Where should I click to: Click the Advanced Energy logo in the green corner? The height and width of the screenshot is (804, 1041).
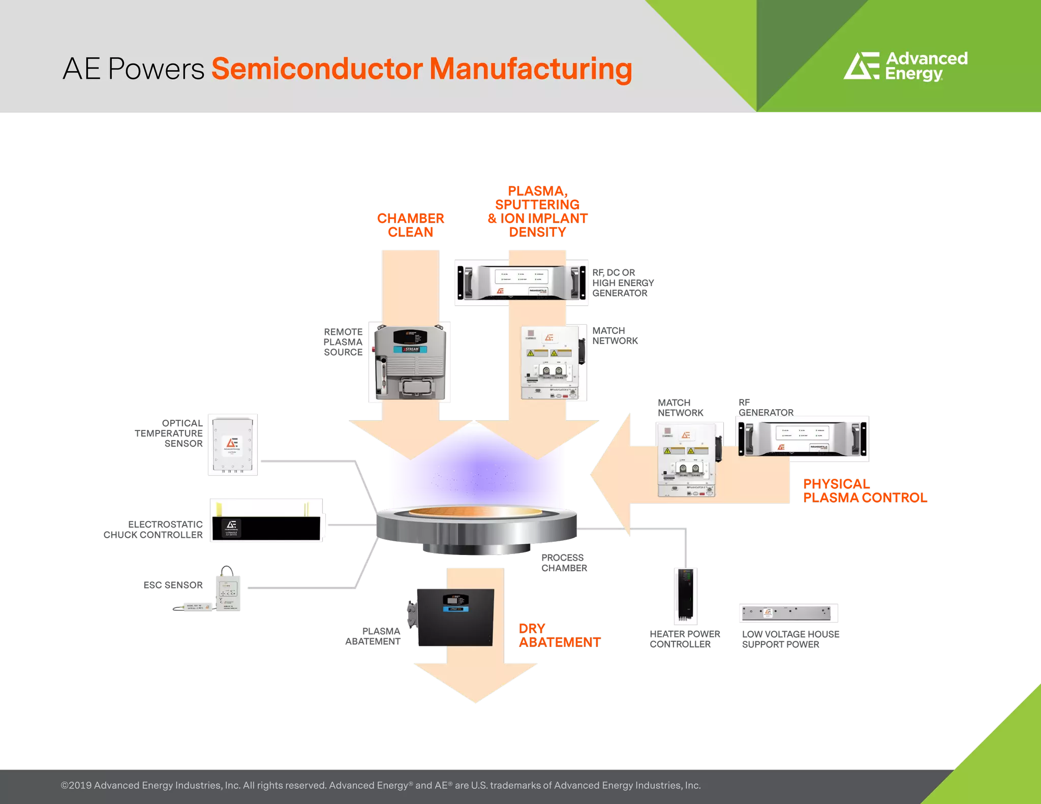(x=905, y=67)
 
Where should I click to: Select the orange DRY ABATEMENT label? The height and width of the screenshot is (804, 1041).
(x=559, y=635)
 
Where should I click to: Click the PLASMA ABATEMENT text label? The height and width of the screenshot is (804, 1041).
(x=373, y=636)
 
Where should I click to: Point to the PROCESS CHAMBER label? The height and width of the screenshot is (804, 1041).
(x=564, y=563)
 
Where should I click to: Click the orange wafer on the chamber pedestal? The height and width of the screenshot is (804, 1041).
(x=475, y=511)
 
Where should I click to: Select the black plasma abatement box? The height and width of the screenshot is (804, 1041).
(x=454, y=617)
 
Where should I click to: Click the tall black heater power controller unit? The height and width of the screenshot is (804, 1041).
(x=685, y=596)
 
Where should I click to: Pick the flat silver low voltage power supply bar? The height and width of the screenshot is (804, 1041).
(x=787, y=613)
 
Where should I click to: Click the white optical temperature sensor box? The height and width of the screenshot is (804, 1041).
(x=233, y=444)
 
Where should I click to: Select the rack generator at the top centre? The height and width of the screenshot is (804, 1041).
(x=522, y=282)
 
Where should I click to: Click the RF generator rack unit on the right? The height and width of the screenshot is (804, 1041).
(x=803, y=439)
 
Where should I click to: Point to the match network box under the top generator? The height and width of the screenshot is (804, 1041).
(x=554, y=362)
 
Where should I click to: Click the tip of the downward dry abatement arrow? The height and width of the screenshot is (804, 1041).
(x=475, y=701)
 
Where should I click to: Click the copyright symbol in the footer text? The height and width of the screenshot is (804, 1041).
(x=65, y=785)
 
